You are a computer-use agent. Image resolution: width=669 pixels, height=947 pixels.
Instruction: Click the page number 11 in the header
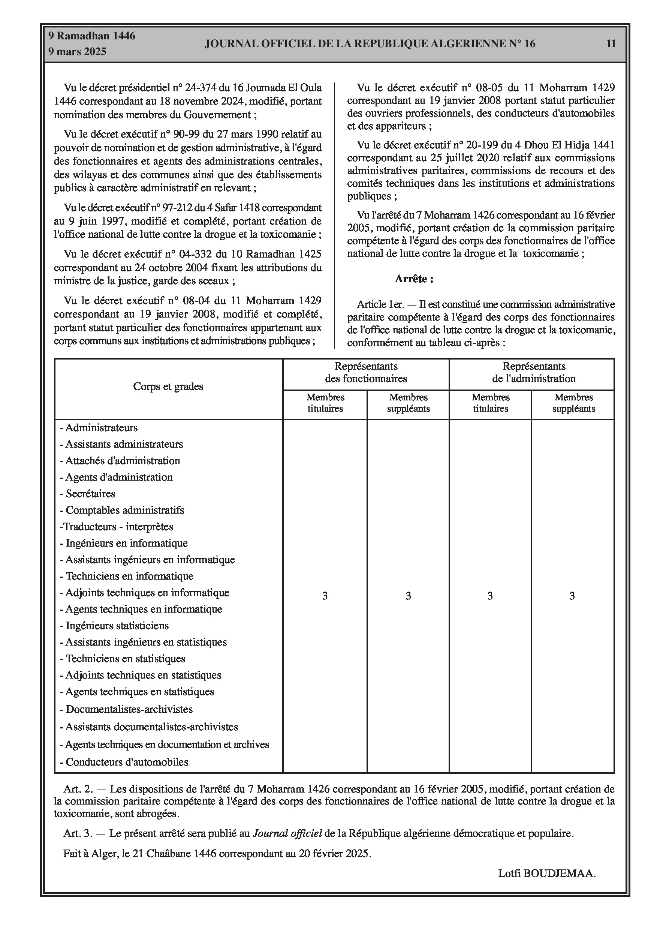click(611, 44)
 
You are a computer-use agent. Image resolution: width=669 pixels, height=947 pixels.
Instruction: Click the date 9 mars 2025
click(77, 52)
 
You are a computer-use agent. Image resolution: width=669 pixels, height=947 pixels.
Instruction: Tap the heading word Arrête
click(414, 279)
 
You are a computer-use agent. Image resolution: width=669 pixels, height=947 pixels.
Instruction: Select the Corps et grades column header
click(168, 387)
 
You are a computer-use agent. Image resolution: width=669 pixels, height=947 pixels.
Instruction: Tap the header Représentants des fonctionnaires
click(366, 372)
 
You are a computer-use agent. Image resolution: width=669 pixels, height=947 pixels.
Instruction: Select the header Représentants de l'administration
click(534, 372)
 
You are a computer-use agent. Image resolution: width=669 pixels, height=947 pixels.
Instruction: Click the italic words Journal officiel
click(287, 833)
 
